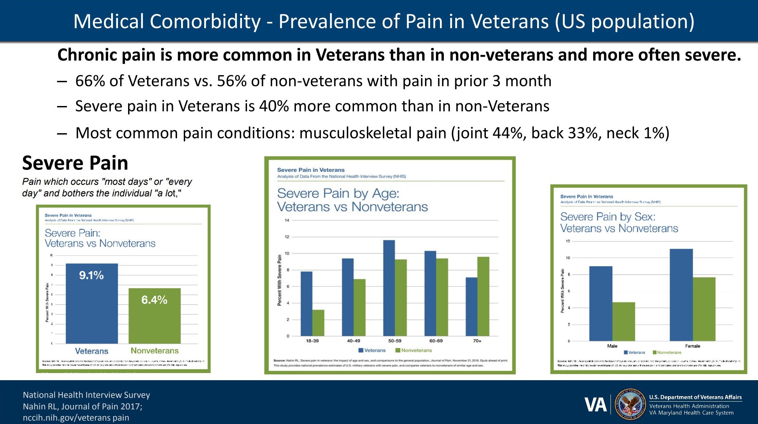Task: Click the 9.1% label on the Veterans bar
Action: (91, 275)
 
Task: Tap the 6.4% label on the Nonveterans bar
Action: (154, 300)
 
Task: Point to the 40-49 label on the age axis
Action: (353, 341)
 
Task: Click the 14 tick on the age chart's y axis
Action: (287, 220)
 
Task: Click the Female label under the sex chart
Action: (692, 346)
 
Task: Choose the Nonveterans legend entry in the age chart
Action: (413, 350)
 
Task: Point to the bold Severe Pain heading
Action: (75, 163)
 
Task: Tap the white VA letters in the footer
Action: (595, 405)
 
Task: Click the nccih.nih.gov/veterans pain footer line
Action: (76, 418)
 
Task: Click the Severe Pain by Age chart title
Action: (352, 200)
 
